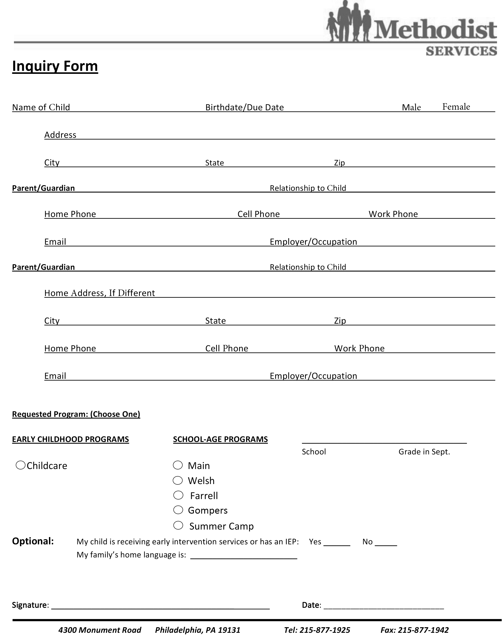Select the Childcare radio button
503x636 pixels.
click(x=20, y=465)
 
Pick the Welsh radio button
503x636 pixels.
click(x=178, y=480)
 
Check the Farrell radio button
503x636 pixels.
click(x=178, y=495)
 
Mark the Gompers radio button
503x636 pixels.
click(x=178, y=510)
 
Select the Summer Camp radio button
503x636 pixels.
click(x=178, y=525)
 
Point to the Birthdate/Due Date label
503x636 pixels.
click(x=244, y=107)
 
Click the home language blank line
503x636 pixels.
click(x=244, y=556)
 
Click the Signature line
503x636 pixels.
click(x=160, y=606)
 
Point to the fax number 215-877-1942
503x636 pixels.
click(x=423, y=630)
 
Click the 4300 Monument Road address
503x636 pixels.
click(x=100, y=630)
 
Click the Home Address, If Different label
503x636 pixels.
click(x=99, y=293)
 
